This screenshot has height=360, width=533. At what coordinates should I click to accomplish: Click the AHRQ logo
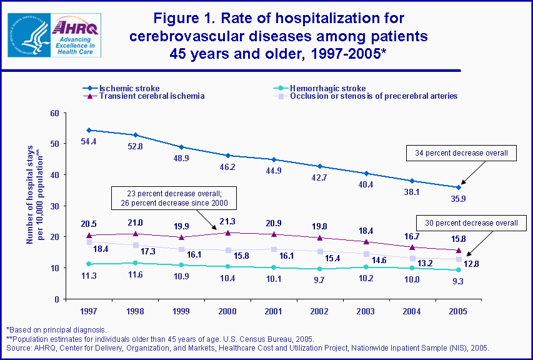[74, 36]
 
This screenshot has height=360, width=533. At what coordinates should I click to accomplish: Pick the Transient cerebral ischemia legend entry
[144, 96]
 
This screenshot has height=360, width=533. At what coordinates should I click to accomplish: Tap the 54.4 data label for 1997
[88, 142]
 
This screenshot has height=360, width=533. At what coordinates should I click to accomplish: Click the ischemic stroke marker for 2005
[459, 187]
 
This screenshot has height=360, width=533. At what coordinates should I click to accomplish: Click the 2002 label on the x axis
[319, 311]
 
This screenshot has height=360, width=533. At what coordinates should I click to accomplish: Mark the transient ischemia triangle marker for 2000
[227, 232]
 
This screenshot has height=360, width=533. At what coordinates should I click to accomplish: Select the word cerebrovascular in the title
[201, 36]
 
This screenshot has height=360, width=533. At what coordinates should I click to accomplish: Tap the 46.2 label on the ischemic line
[227, 168]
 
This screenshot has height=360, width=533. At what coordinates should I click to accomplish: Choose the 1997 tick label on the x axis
[88, 311]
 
